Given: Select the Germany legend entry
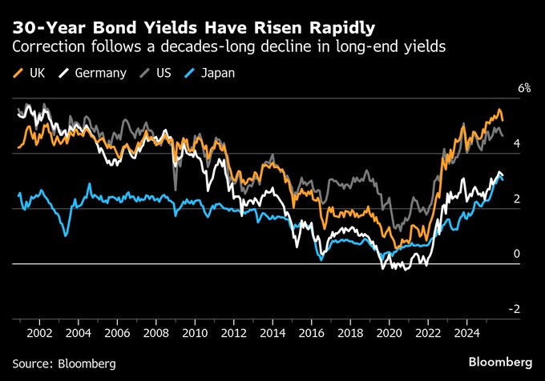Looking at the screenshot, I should (100, 73).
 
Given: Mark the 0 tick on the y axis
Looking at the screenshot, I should (517, 254).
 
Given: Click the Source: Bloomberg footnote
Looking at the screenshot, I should (65, 363).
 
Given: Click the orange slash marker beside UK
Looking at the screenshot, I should (18, 73).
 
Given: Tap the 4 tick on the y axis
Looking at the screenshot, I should (517, 143).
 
